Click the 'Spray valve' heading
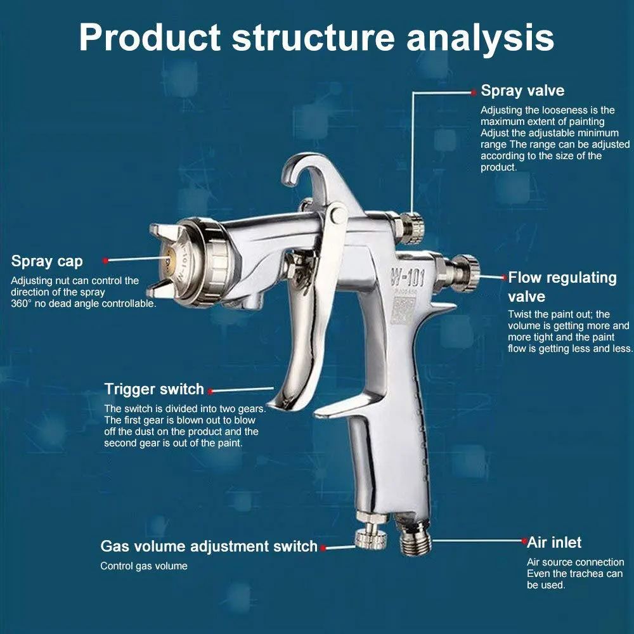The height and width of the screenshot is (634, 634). (x=522, y=91)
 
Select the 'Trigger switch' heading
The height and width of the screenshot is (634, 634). (x=154, y=389)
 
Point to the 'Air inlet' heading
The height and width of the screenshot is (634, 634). (x=554, y=542)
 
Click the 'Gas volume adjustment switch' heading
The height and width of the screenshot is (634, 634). (x=209, y=546)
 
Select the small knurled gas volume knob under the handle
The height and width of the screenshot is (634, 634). (x=371, y=538)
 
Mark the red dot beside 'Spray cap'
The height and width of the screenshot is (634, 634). (x=105, y=260)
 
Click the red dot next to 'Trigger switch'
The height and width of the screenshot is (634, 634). (x=210, y=391)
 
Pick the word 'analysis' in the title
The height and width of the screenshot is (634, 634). (x=480, y=37)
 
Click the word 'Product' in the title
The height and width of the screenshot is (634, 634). (x=150, y=37)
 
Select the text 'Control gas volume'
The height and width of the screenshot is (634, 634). (x=144, y=566)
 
